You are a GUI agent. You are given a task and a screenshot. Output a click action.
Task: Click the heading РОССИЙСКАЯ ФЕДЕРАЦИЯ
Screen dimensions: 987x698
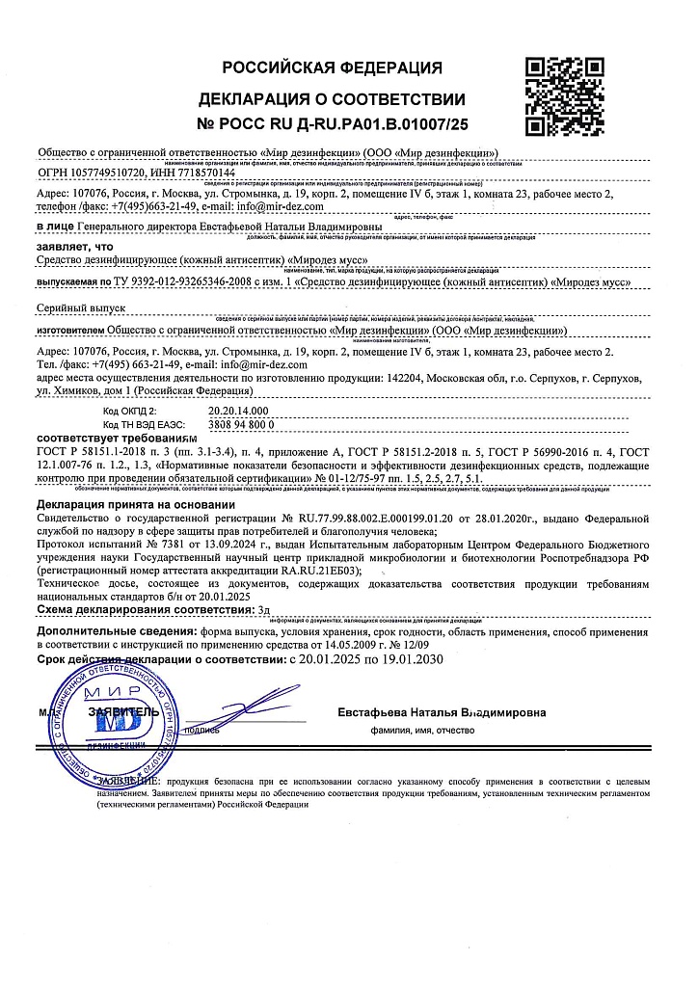coord(333,67)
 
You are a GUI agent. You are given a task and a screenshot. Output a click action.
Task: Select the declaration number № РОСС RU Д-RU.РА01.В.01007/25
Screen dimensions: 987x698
coord(333,124)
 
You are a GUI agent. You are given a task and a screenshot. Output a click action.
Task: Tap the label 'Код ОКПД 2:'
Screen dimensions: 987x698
coord(135,410)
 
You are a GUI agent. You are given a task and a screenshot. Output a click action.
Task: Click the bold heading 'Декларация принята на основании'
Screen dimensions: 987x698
coord(135,504)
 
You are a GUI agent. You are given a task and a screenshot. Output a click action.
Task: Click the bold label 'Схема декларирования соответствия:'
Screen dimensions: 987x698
coord(141,610)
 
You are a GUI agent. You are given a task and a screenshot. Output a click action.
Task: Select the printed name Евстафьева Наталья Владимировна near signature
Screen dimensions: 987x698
coord(442,712)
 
